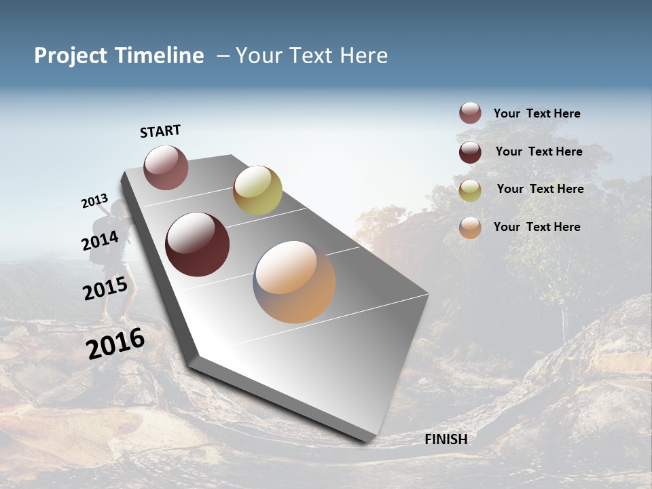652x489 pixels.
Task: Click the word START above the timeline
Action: (160, 131)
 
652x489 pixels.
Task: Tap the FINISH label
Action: (446, 439)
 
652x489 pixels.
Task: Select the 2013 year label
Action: (94, 201)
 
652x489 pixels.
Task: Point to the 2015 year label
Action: (105, 289)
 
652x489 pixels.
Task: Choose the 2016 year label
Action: (115, 344)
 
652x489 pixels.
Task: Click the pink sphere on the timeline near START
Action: (166, 167)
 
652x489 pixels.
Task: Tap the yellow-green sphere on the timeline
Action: (257, 190)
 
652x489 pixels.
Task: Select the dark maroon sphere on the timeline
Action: (197, 244)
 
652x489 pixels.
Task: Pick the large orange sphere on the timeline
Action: (294, 282)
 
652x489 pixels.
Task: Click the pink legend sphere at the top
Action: (470, 113)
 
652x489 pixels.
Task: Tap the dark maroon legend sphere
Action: (470, 151)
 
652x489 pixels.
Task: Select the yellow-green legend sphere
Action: (470, 190)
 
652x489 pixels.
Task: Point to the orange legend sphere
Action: (470, 228)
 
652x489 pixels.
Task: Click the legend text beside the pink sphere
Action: (537, 113)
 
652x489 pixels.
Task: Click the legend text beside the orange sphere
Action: (537, 227)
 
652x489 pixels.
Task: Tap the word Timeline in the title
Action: (160, 56)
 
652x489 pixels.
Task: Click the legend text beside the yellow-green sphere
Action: (540, 189)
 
